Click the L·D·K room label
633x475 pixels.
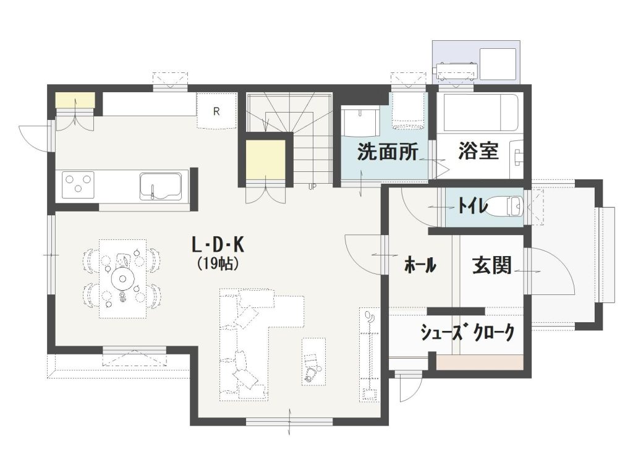218,246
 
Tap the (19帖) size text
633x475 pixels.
218,263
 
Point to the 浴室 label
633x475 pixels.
478,152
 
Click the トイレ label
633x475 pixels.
474,205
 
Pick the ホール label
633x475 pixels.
420,266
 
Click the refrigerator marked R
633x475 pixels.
216,111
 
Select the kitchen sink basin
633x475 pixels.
160,186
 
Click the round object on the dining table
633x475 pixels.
122,278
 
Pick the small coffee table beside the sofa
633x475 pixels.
313,361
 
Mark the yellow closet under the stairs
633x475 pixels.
265,159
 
